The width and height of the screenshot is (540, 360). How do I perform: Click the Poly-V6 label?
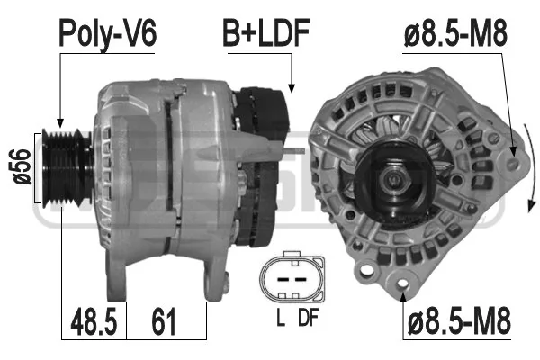107,33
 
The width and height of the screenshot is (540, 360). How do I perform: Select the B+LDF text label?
266,33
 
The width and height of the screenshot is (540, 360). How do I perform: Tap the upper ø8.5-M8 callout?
455,33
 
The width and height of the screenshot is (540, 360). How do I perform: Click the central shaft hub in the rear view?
394,179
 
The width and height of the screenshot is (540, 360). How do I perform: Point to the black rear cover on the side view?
265,153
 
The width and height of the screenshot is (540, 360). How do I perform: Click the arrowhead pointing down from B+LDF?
292,87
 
